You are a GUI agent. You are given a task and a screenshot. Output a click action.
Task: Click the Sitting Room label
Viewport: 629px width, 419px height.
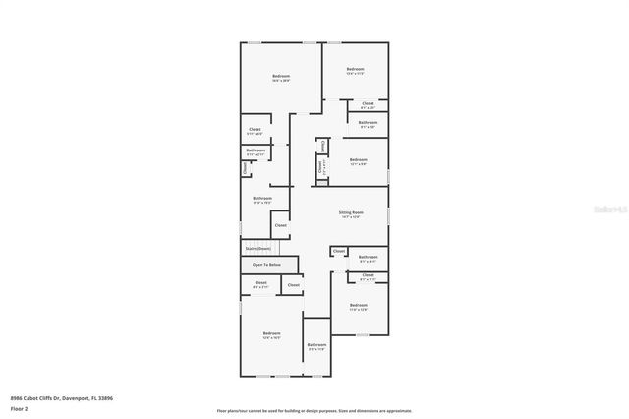352,213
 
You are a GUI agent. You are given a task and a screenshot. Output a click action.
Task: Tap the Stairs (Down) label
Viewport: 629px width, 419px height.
258,249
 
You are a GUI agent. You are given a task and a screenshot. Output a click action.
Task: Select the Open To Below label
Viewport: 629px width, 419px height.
266,265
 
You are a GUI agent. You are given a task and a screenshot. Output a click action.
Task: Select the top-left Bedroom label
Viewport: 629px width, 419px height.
281,76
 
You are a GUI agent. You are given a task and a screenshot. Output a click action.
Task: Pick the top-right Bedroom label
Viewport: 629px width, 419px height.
356,70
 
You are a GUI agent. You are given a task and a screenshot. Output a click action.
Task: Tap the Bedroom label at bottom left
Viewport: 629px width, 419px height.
271,334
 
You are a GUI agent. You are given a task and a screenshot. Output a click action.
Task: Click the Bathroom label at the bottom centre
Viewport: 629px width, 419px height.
316,344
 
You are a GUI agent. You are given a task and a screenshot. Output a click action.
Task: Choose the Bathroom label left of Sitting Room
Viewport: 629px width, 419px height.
262,200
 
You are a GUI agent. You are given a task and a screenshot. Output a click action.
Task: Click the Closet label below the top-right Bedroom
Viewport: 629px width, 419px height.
368,103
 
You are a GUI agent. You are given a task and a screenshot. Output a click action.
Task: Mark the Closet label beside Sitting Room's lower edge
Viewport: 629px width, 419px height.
338,252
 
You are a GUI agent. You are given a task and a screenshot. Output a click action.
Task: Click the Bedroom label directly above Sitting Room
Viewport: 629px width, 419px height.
358,159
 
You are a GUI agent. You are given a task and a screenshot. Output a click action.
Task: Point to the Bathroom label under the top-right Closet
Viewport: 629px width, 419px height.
368,123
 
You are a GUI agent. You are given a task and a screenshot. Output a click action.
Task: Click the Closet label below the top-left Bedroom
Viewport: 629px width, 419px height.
255,129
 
